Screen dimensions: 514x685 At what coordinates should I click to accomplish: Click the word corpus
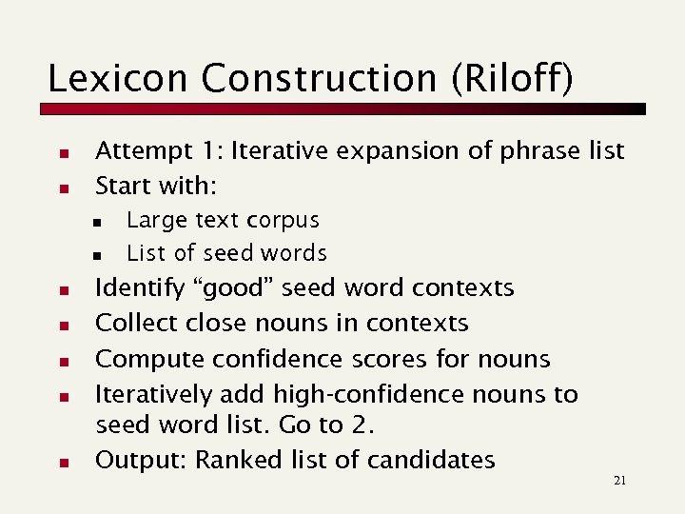[284, 221]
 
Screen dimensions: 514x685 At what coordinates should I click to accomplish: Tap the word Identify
[137, 288]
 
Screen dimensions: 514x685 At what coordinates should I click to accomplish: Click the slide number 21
[619, 482]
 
